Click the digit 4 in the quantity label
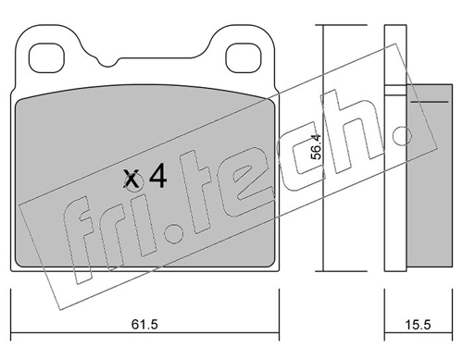pos(157,177)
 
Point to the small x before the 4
pos(133,179)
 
